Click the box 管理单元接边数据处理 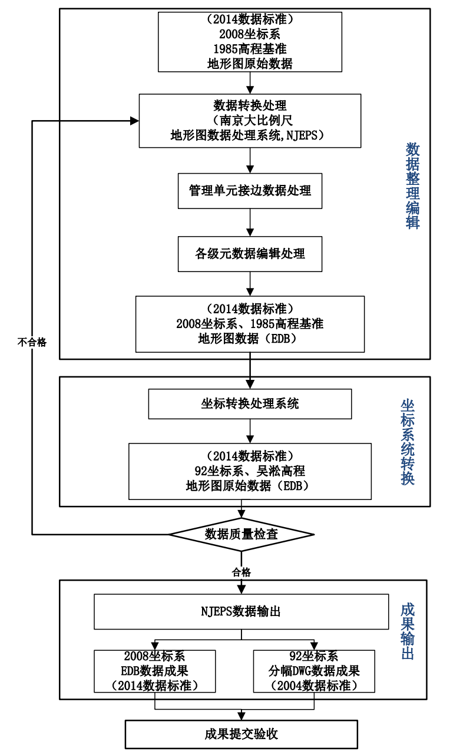(x=250, y=191)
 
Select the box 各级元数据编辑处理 (x=250, y=254)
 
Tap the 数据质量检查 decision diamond (x=241, y=534)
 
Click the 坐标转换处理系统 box (x=250, y=403)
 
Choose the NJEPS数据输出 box (x=241, y=611)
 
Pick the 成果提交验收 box (x=241, y=734)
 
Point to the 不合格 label (x=32, y=342)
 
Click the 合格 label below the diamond (x=241, y=572)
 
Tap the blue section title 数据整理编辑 (x=412, y=186)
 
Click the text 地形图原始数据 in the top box (x=250, y=64)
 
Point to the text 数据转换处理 (x=250, y=106)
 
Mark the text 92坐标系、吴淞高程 (x=250, y=471)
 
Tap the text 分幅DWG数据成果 (x=315, y=671)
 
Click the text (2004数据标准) (x=315, y=686)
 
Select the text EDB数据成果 (x=154, y=671)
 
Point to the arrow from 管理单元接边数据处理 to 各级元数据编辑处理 (x=250, y=223)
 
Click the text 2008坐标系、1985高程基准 (x=250, y=324)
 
